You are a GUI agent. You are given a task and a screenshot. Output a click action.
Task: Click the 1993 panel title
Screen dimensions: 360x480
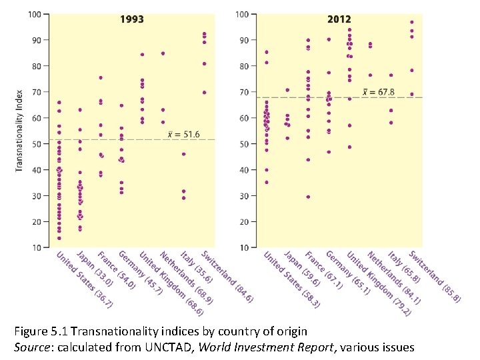click(132, 19)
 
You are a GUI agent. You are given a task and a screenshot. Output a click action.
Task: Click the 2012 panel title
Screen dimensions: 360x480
click(339, 19)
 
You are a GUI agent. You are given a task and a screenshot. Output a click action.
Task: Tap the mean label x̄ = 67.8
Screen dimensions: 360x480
click(378, 91)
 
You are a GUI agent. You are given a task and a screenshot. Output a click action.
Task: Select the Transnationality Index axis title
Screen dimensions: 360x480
click(19, 131)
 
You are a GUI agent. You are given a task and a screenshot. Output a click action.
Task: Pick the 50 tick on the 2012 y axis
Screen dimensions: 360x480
click(243, 144)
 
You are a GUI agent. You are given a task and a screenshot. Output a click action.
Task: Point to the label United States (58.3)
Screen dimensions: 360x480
click(291, 279)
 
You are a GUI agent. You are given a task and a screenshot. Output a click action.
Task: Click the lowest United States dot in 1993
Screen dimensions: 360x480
click(59, 238)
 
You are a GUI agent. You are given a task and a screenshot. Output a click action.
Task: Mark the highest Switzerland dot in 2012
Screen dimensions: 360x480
click(411, 22)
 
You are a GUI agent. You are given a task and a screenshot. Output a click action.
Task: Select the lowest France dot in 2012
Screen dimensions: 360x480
click(308, 197)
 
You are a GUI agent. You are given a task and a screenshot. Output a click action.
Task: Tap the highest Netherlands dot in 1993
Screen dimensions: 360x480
click(163, 53)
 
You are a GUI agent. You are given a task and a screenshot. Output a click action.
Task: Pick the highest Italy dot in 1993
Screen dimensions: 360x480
click(183, 154)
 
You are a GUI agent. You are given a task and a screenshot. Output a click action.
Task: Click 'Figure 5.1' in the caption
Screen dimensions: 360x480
click(39, 331)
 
